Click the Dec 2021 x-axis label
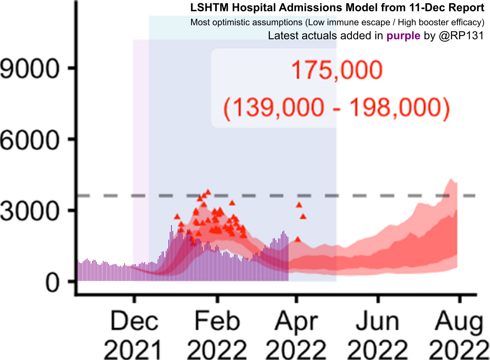click(x=134, y=336)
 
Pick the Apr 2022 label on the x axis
click(x=297, y=336)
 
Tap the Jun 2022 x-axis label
click(x=378, y=336)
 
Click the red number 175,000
click(x=336, y=72)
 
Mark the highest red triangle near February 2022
click(x=208, y=191)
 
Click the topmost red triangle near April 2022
click(x=299, y=205)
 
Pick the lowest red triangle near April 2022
click(x=298, y=239)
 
